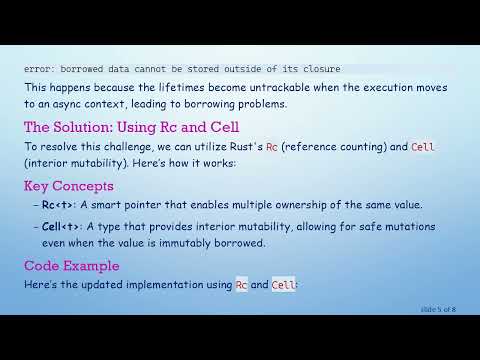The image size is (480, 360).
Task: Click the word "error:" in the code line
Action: coord(40,69)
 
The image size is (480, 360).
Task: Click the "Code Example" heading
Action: coord(71,266)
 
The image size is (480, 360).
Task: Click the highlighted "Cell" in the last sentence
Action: coord(284,285)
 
